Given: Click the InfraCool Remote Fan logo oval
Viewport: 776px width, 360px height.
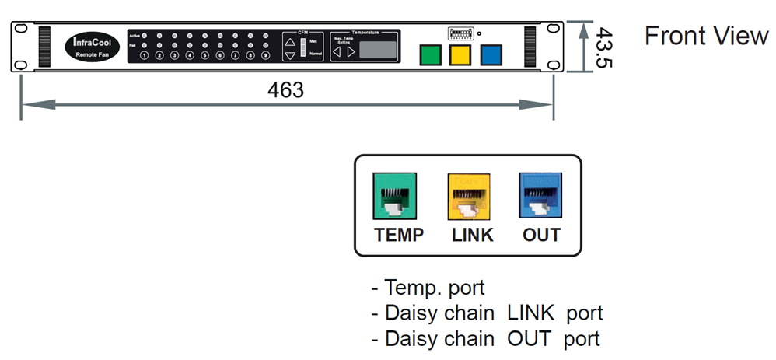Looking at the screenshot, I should (x=92, y=46).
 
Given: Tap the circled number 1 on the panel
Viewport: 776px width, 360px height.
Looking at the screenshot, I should (x=144, y=55).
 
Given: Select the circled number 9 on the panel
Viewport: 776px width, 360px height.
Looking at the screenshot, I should (x=265, y=55).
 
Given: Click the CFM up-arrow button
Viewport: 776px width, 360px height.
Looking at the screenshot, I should (x=290, y=40).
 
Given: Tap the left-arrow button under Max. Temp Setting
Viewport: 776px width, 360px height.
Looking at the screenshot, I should (x=337, y=51).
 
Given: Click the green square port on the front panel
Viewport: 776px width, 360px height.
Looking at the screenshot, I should (x=431, y=54).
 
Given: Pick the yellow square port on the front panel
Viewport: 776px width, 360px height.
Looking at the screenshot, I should (x=460, y=54).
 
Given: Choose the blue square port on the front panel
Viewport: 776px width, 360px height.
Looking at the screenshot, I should (x=491, y=54).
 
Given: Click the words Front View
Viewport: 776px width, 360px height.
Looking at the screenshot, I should (x=706, y=36).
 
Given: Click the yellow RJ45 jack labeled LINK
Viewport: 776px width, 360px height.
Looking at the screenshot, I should (x=468, y=194).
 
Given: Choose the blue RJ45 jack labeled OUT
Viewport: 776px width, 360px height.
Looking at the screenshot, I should (x=540, y=194).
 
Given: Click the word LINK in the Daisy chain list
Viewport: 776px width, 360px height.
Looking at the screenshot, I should (x=530, y=313).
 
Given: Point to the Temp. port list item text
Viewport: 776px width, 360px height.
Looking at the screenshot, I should (x=434, y=288).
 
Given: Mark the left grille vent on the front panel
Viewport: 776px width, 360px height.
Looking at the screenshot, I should (x=42, y=46).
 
